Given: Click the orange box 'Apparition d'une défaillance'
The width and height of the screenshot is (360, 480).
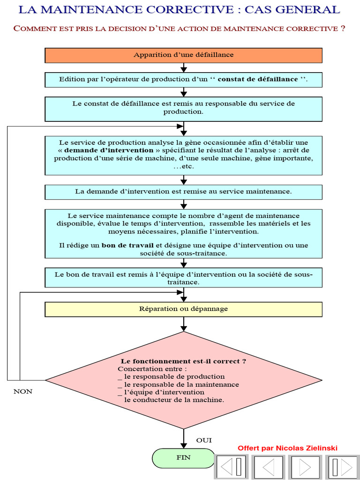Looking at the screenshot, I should pos(183,55).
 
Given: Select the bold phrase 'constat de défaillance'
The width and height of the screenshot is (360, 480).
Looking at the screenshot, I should pos(258,79).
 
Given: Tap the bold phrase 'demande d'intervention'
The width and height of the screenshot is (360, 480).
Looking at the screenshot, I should pos(109,150).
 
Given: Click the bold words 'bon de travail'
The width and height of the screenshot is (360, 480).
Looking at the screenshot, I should pos(127,245).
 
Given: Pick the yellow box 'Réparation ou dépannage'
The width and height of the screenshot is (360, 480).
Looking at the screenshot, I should pos(183,309).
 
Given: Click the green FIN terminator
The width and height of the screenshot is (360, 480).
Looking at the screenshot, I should pos(183,457).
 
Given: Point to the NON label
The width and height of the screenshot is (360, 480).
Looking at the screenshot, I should pos(23,391).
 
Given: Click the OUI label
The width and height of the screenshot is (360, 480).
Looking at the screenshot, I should pos(204,440).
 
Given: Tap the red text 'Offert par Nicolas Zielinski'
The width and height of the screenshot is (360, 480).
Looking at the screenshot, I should pos(287,448).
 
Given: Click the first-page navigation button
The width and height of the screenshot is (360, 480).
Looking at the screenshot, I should pos(232,467).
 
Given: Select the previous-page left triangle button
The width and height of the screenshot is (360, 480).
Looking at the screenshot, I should pos(269,467).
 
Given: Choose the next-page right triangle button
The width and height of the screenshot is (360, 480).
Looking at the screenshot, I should pos(305,467).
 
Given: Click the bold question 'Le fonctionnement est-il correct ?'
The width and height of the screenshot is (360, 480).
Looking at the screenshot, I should pos(183,361).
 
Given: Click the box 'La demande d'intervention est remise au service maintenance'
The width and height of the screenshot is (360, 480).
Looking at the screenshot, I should pos(183,192).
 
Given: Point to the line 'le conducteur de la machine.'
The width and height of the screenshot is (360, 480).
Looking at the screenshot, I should pos(174,400).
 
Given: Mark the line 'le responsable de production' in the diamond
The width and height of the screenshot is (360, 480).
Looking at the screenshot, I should pos(174,376).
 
